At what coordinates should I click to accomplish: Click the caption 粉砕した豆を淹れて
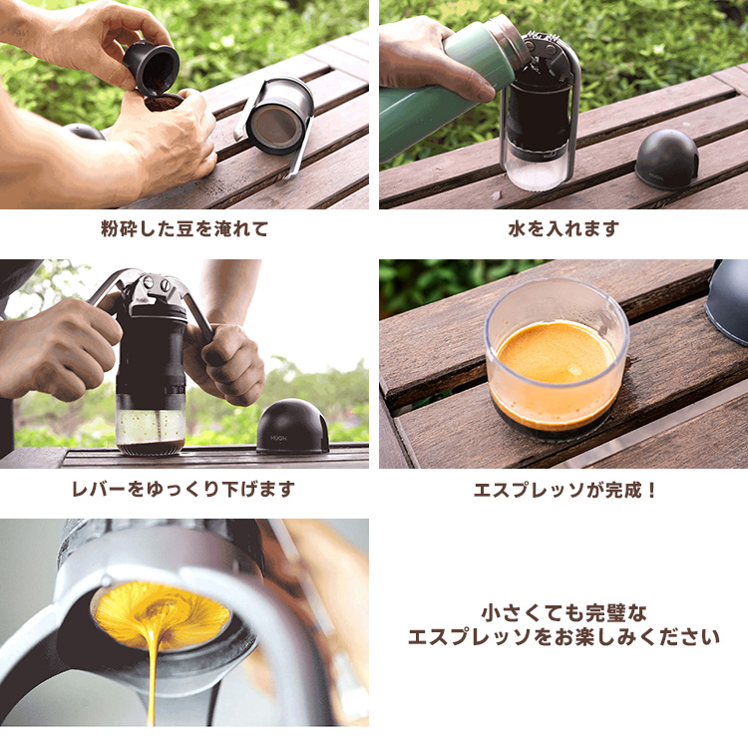pyautogui.click(x=185, y=229)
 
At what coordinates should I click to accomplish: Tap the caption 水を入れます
pyautogui.click(x=563, y=229)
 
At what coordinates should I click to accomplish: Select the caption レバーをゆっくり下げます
pyautogui.click(x=184, y=489)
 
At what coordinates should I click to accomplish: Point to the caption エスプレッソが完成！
pyautogui.click(x=564, y=490)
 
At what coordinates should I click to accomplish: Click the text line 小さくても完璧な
pyautogui.click(x=563, y=613)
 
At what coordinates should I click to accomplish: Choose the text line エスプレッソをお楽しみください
pyautogui.click(x=563, y=637)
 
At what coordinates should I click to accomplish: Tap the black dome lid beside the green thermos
pyautogui.click(x=667, y=159)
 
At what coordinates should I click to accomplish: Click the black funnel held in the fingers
pyautogui.click(x=152, y=68)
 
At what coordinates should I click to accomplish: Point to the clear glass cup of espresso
pyautogui.click(x=557, y=359)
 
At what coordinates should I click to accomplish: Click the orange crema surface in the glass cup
pyautogui.click(x=557, y=353)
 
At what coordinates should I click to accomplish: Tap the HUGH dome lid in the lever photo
pyautogui.click(x=292, y=427)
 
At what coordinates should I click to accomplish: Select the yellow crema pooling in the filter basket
pyautogui.click(x=163, y=616)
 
